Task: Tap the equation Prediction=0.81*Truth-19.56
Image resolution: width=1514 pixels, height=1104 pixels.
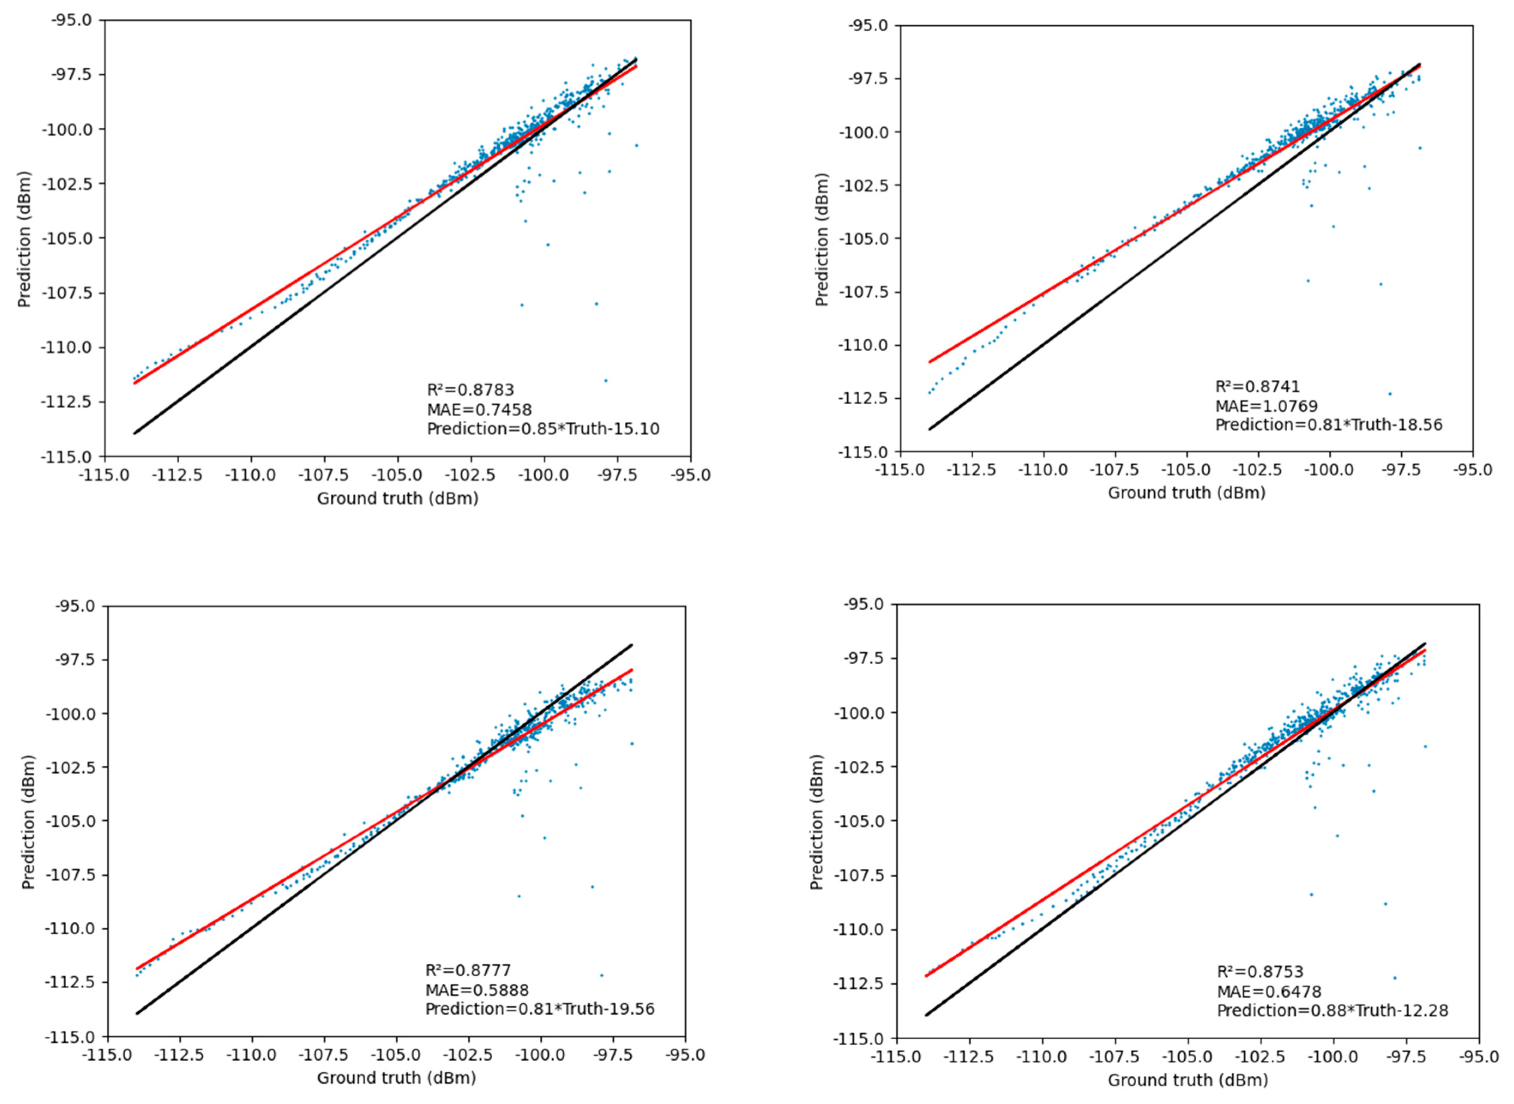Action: click(540, 1008)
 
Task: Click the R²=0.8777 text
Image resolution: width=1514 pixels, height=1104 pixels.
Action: click(468, 970)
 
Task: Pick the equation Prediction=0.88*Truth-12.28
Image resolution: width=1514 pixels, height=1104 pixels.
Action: click(1332, 1011)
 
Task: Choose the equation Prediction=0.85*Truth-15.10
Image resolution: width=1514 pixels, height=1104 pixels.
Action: click(542, 428)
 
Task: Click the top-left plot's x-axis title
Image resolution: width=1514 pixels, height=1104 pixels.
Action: click(397, 499)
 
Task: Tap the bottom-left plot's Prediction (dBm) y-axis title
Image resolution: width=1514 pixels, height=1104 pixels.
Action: click(27, 822)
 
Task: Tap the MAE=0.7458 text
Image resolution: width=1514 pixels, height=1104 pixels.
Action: click(479, 409)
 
